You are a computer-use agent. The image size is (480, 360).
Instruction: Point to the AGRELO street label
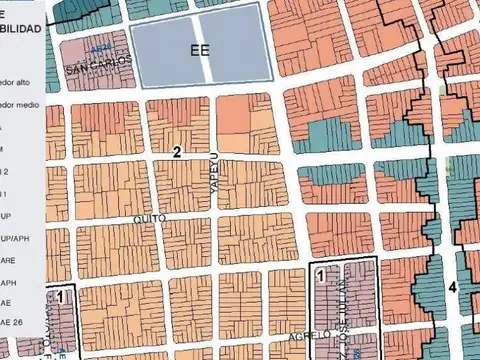tap(309, 337)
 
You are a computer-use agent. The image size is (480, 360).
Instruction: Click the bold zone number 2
tap(177, 152)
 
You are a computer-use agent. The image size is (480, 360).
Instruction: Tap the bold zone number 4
tap(452, 287)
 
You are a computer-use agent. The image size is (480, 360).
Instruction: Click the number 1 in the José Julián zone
tap(320, 273)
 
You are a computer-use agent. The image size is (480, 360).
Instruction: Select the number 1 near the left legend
tap(60, 296)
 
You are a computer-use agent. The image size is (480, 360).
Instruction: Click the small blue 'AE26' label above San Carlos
tap(97, 48)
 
